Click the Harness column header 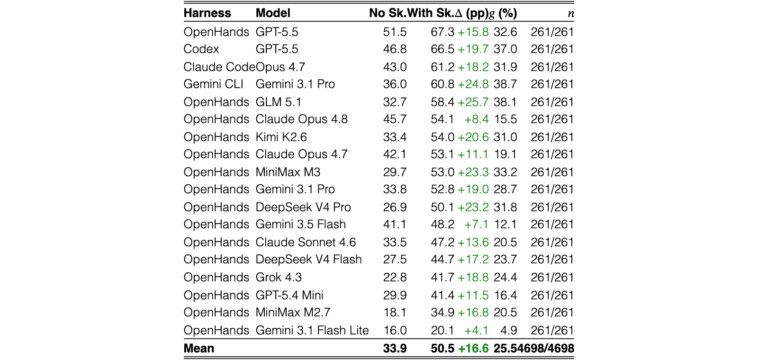(207, 13)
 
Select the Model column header (273, 13)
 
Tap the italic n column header (571, 14)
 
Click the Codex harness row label (201, 49)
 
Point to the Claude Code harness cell (219, 67)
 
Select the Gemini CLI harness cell (213, 84)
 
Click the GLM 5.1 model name (278, 102)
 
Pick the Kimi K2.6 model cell (281, 137)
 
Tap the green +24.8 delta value (473, 84)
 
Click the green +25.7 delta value (473, 102)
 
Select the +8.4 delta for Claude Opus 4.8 (477, 119)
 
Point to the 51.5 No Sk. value (395, 32)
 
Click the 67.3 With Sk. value (442, 32)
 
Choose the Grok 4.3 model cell (279, 277)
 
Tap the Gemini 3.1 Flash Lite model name (312, 330)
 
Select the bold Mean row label (199, 348)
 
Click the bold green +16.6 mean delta (473, 348)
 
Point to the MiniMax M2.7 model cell (293, 312)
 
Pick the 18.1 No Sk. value (395, 312)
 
